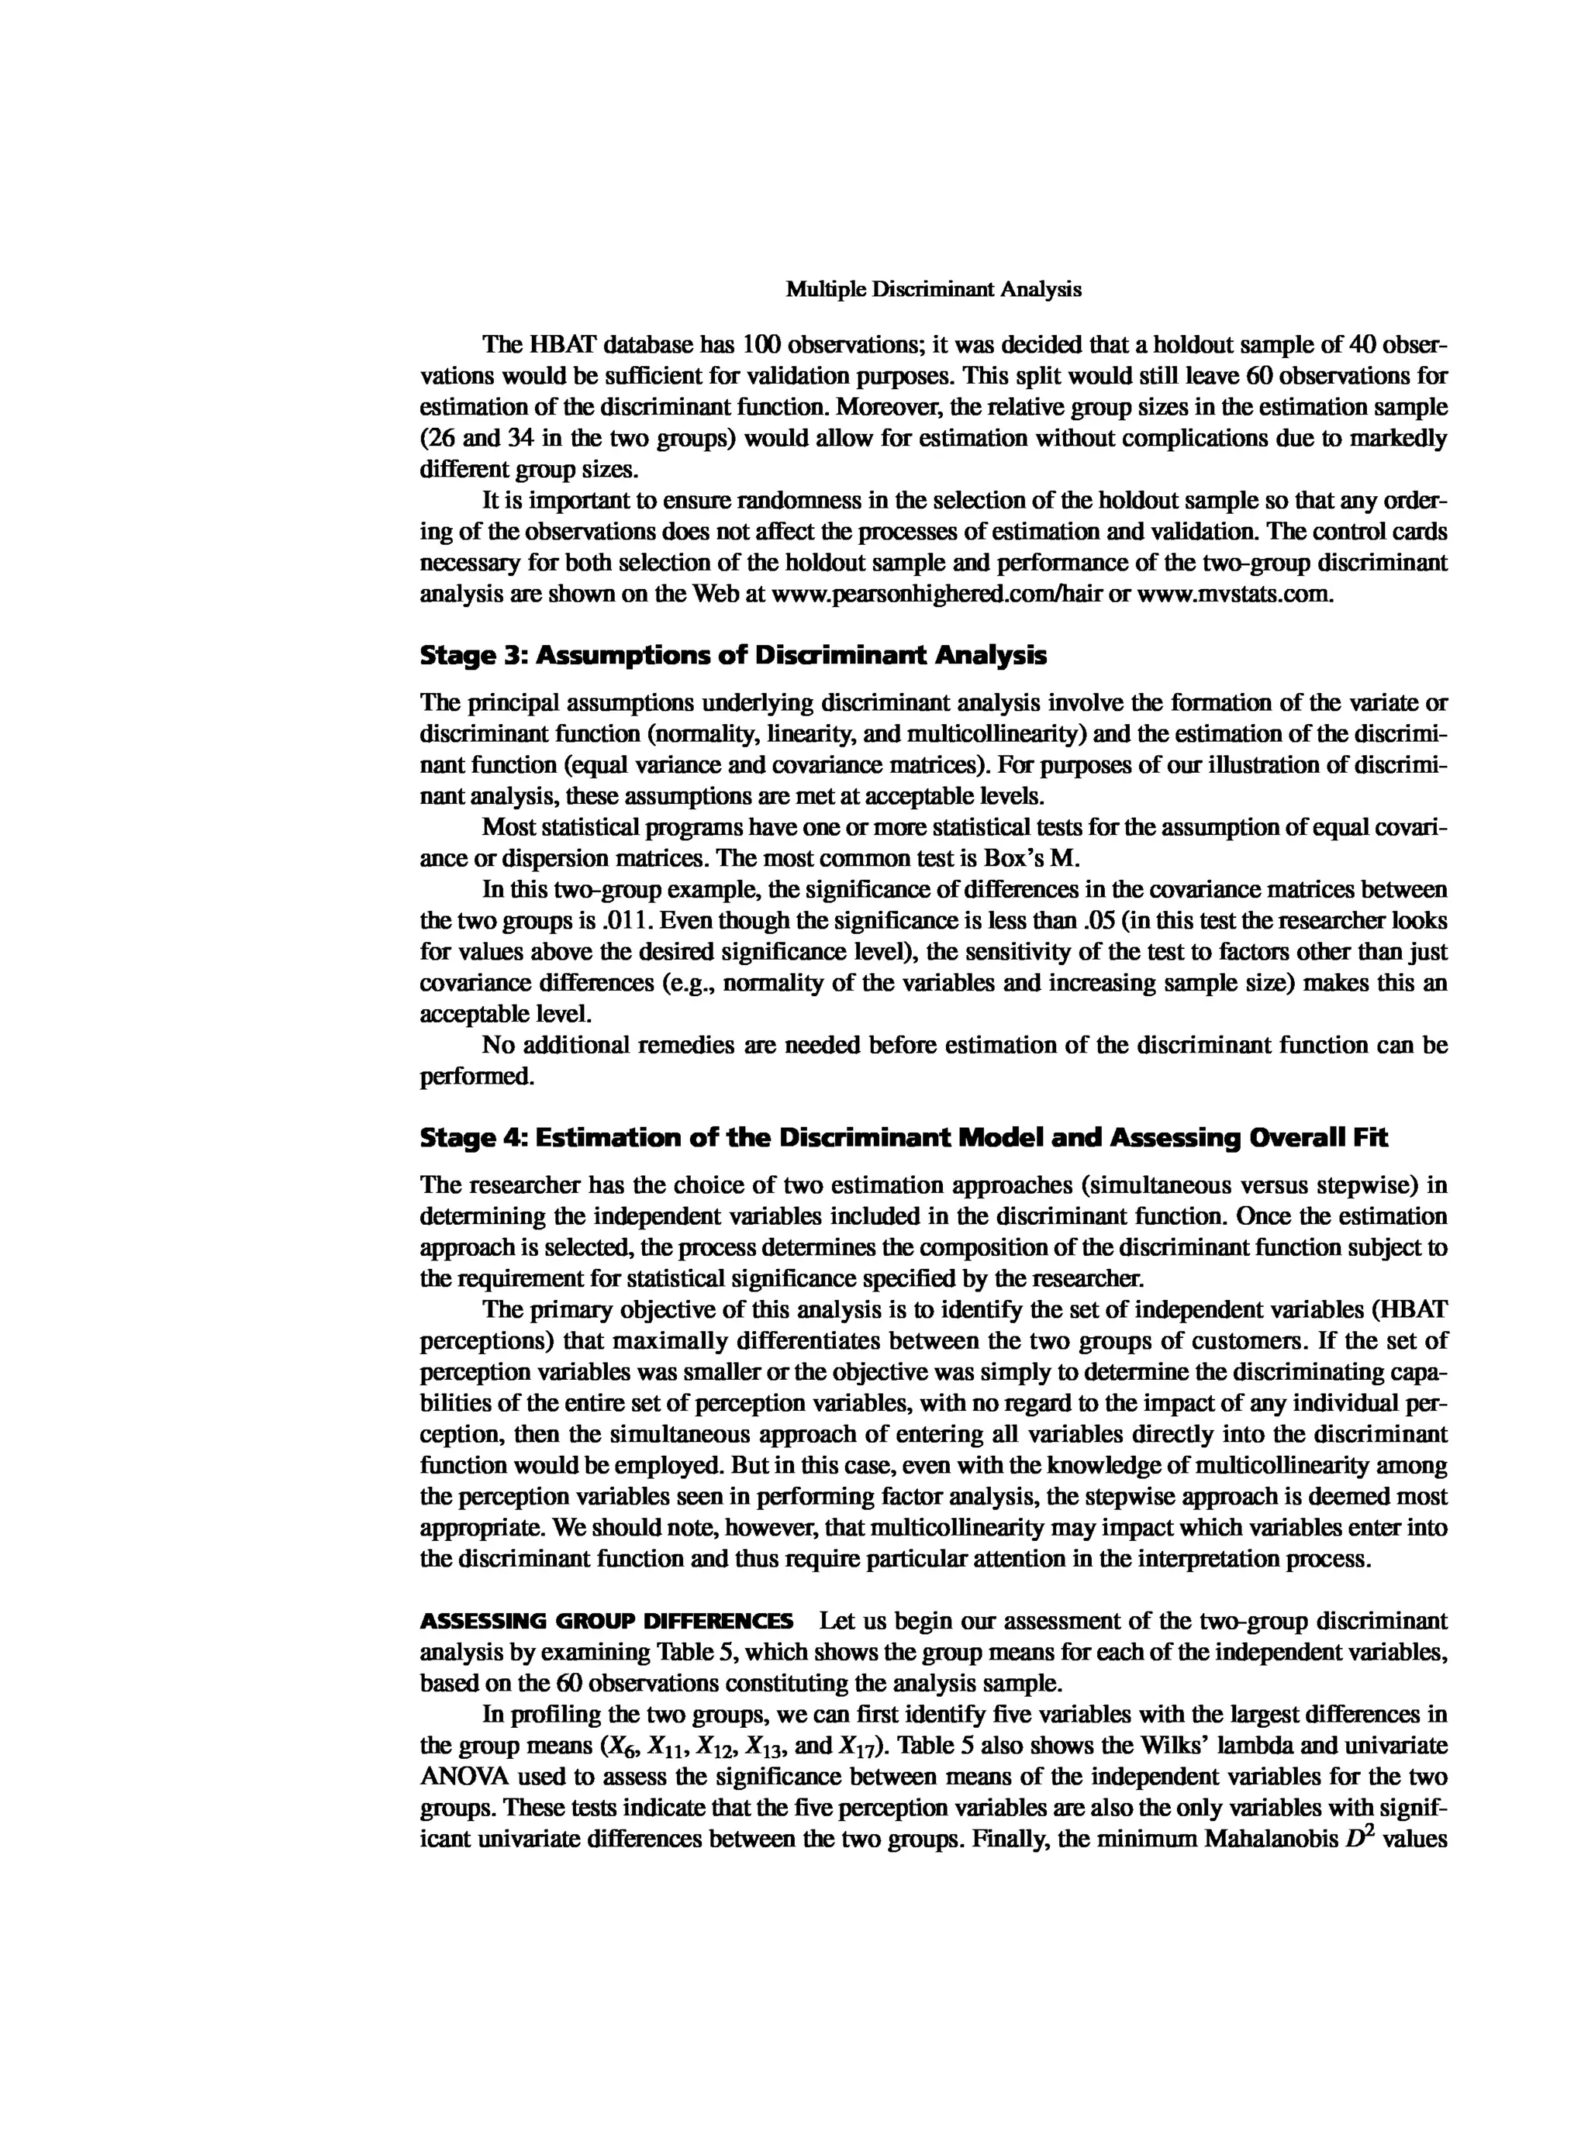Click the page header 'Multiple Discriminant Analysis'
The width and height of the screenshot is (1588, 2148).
pyautogui.click(x=934, y=289)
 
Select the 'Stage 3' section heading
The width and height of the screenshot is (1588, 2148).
pyautogui.click(x=734, y=657)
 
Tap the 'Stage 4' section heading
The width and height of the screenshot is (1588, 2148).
pyautogui.click(x=903, y=1139)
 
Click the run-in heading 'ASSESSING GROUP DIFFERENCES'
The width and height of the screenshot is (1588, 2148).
pyautogui.click(x=606, y=1622)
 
